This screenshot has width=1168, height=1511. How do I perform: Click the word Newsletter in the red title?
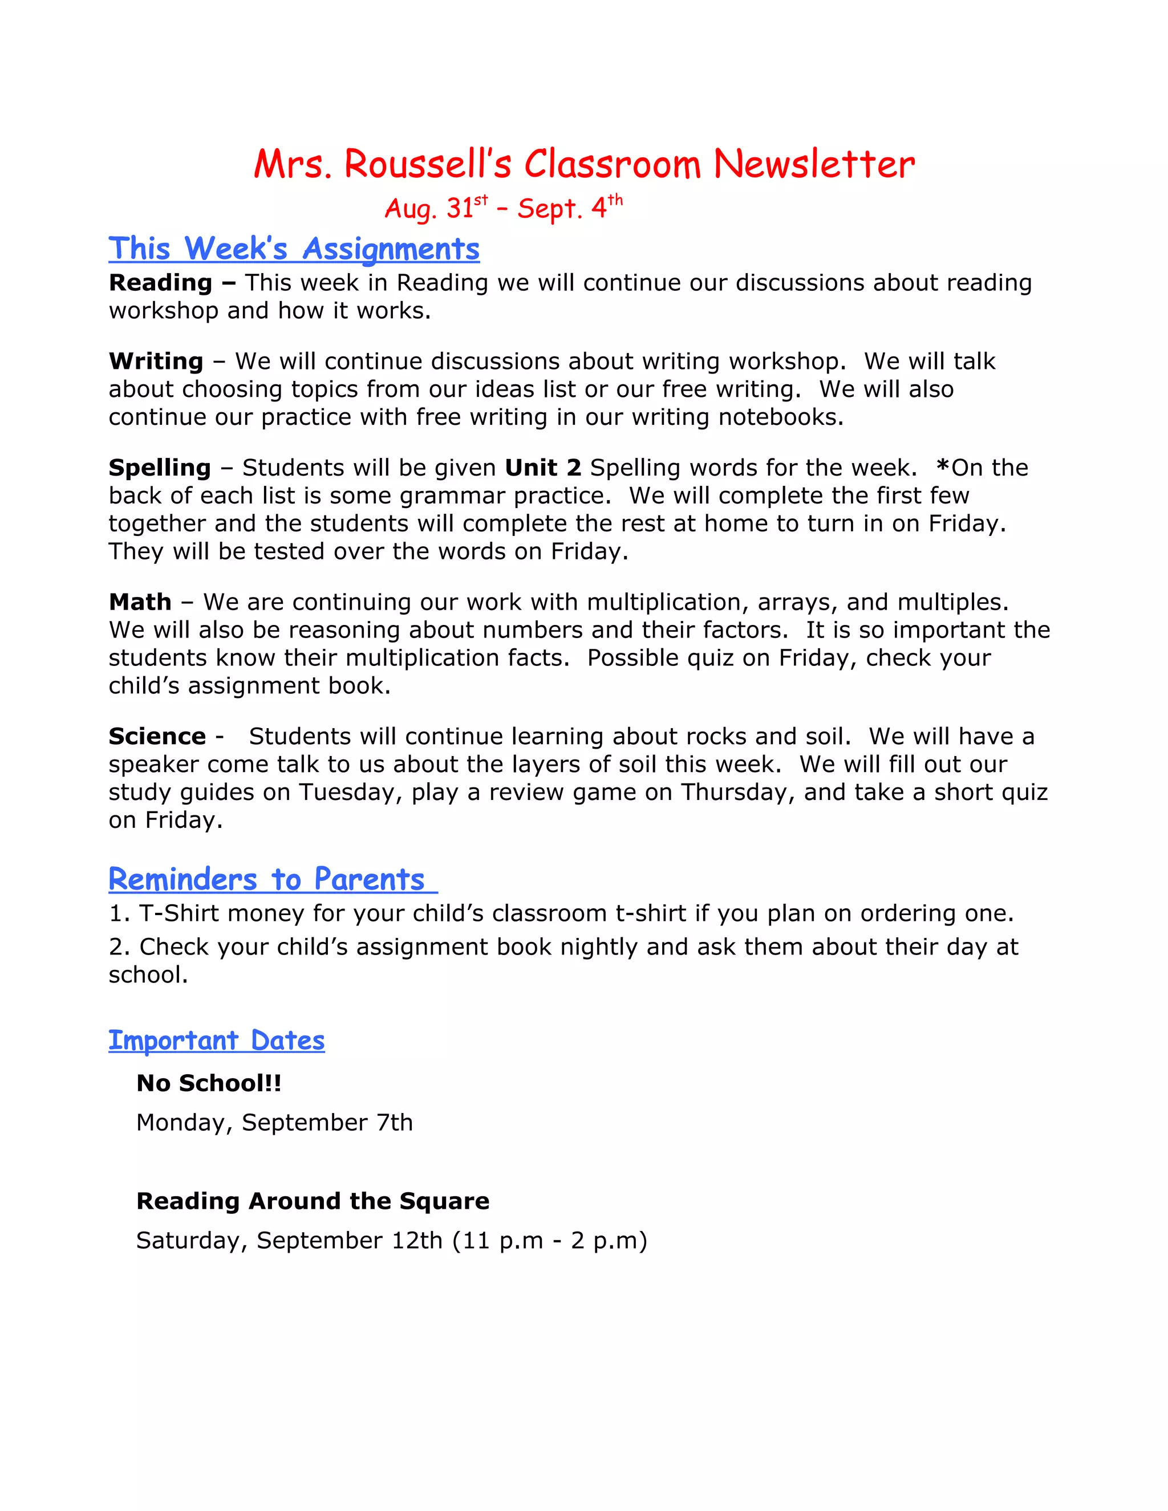(x=814, y=165)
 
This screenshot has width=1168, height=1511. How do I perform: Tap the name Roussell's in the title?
(x=428, y=165)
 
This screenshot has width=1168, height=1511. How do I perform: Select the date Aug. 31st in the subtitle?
(x=436, y=208)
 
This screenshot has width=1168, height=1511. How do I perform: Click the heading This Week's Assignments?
(x=294, y=249)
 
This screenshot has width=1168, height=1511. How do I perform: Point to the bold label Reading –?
(x=172, y=282)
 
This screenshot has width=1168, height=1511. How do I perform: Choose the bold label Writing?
(x=156, y=361)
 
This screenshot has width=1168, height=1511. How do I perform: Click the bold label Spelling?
(x=160, y=468)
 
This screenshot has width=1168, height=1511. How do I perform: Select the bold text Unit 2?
(x=542, y=468)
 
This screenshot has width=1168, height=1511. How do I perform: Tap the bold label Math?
(x=140, y=602)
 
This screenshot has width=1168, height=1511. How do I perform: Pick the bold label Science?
(x=157, y=736)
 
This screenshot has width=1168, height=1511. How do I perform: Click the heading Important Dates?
(x=217, y=1041)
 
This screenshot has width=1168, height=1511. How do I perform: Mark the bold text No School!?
(x=209, y=1083)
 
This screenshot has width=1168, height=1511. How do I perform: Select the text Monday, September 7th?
(x=274, y=1122)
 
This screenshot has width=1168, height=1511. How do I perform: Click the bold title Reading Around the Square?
(x=313, y=1201)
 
